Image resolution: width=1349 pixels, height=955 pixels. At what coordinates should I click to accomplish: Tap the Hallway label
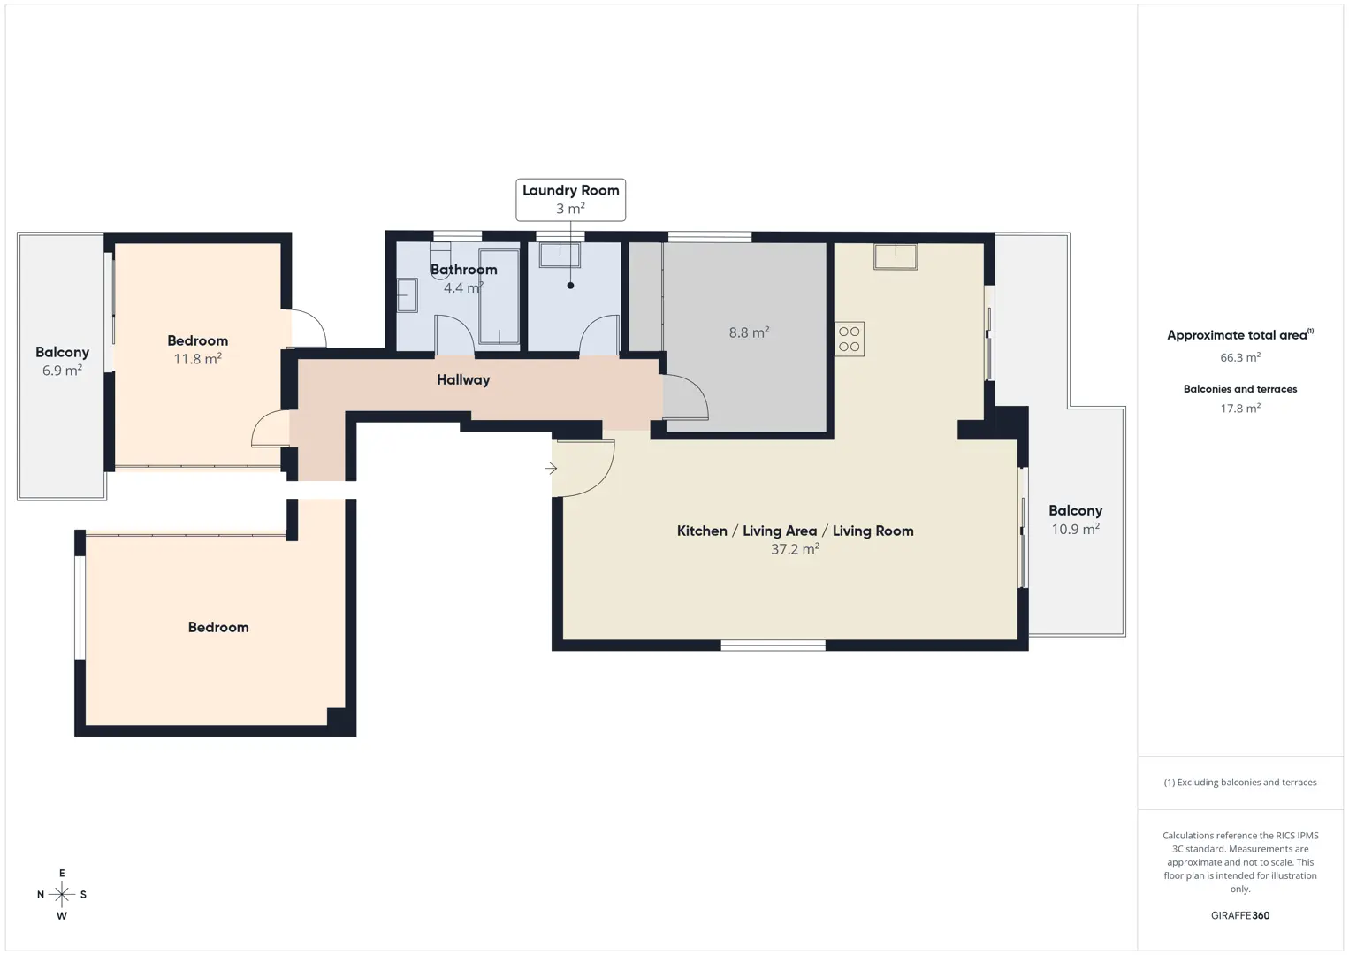[x=463, y=379]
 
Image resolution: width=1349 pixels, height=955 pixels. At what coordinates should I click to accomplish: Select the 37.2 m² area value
[x=795, y=549]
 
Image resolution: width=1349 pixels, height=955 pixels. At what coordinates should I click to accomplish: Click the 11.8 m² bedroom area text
[x=197, y=359]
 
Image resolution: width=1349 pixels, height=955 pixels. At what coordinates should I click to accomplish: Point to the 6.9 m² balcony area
[x=62, y=370]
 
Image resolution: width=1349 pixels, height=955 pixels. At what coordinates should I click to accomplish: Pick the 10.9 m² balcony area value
[x=1075, y=529]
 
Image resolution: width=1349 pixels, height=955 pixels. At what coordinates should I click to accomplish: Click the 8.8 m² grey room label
[x=749, y=332]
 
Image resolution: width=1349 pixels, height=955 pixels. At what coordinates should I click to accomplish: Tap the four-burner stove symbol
[x=850, y=340]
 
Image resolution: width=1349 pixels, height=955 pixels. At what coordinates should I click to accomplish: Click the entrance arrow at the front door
[x=551, y=468]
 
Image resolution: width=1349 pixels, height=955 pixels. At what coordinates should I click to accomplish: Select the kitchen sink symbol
[x=896, y=256]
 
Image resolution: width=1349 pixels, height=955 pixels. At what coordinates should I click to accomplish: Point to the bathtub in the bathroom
[x=499, y=296]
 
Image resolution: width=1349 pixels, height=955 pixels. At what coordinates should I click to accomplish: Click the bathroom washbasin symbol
[x=408, y=294]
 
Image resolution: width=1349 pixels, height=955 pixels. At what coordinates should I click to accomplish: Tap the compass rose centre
[x=61, y=894]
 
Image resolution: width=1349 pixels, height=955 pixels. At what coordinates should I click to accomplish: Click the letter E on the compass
[x=62, y=873]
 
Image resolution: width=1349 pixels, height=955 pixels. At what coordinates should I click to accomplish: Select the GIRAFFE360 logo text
[x=1240, y=915]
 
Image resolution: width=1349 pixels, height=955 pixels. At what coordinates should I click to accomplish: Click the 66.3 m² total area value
[x=1240, y=357]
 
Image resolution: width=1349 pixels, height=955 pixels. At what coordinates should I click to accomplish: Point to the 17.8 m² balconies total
[x=1240, y=408]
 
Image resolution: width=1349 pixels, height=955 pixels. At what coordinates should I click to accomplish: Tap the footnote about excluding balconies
[x=1240, y=782]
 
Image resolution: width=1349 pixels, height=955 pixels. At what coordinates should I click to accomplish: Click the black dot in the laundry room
[x=570, y=286]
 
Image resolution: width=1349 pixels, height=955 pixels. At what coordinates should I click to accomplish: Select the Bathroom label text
[x=464, y=270]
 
